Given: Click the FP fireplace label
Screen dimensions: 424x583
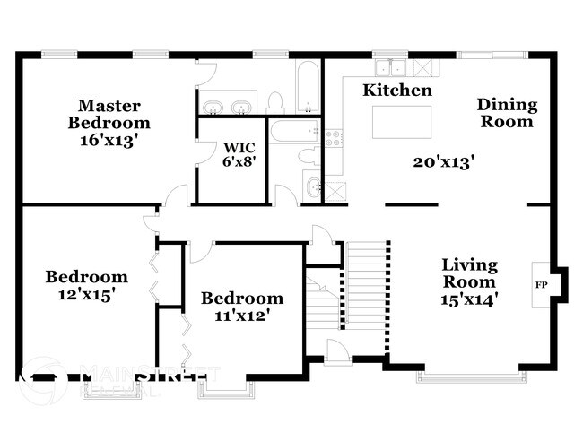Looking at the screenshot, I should pos(541,286).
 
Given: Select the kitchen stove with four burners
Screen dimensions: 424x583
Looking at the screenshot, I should pos(333,138).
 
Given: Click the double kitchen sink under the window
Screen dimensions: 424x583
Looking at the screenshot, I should pos(391,68).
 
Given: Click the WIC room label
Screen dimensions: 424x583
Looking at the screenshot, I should pos(238,146).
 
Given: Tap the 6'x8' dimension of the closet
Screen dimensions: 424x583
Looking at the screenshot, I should pos(238,162).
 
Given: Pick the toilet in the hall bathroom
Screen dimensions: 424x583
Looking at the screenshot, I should pos(309,154).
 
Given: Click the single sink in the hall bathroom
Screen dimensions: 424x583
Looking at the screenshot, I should pos(312,187).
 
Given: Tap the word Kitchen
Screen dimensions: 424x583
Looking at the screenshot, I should pos(397,91).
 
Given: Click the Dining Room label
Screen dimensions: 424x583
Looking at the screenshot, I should pos(507,113).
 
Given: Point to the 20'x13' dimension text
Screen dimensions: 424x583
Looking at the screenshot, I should pos(443,162).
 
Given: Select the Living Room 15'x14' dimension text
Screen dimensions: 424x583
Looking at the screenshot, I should pos(469,299).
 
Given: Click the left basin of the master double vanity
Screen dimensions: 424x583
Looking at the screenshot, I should pos(213,108).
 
